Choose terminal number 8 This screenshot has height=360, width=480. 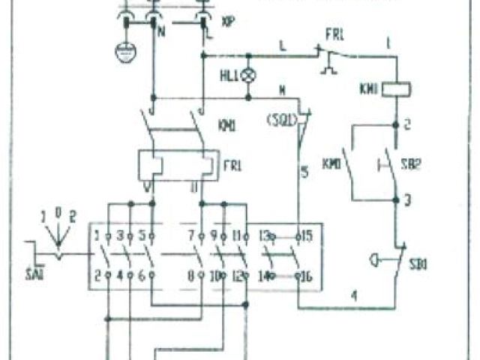190,275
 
